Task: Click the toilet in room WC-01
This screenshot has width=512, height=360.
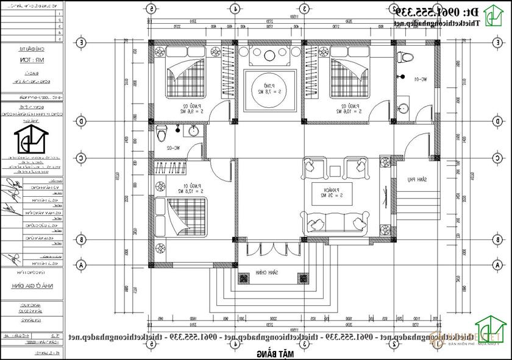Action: (x=403, y=57)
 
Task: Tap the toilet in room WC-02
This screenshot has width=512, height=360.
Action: (x=161, y=132)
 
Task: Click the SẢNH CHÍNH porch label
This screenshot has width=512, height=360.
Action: (x=266, y=272)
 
